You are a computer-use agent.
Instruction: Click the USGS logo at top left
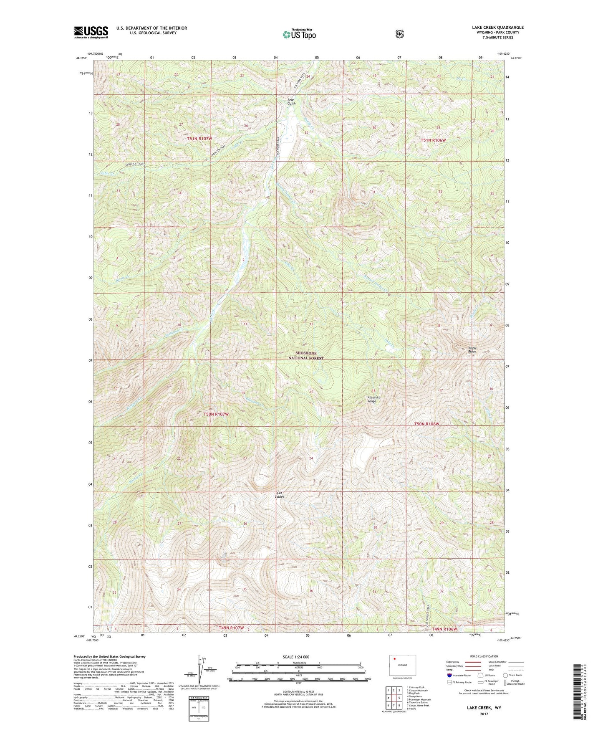(91, 32)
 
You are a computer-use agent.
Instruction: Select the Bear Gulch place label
(291, 101)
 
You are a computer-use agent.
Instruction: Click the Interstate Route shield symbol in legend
(449, 675)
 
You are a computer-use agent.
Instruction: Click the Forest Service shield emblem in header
(399, 33)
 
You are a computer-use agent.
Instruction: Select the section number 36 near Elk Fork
(311, 192)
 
